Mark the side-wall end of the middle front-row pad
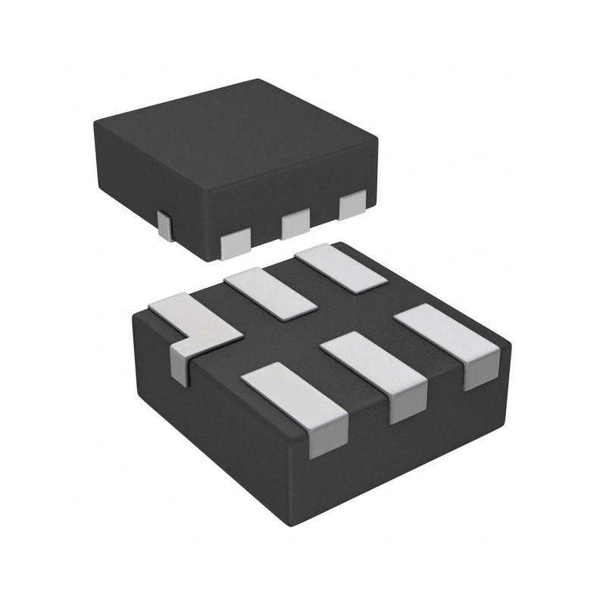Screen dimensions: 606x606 [x=403, y=408]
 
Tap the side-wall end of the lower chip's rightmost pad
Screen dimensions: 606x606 [x=480, y=374]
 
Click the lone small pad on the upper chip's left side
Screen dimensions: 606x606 [x=164, y=226]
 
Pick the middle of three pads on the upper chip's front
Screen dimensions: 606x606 [x=295, y=224]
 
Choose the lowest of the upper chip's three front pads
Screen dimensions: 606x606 [x=235, y=243]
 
